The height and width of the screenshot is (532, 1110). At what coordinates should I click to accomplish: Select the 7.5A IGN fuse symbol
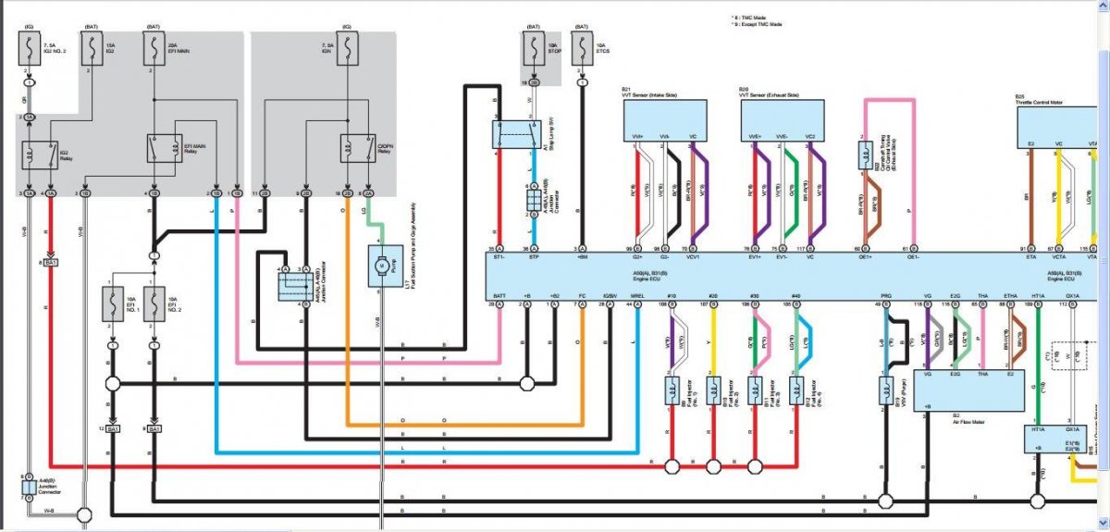pyautogui.click(x=348, y=51)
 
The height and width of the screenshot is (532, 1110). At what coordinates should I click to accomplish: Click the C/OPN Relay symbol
pyautogui.click(x=355, y=148)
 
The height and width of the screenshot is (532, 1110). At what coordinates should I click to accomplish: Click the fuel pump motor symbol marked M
pyautogui.click(x=379, y=265)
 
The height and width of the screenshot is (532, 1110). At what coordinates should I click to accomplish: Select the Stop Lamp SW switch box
pyautogui.click(x=516, y=133)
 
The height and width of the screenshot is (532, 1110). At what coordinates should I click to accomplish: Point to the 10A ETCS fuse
pyautogui.click(x=581, y=51)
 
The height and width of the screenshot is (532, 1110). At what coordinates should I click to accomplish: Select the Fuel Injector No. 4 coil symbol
pyautogui.click(x=795, y=390)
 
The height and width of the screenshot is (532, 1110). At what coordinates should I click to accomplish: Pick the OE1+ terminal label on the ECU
pyautogui.click(x=857, y=257)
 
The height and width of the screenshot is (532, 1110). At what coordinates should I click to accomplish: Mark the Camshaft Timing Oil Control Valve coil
pyautogui.click(x=863, y=155)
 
